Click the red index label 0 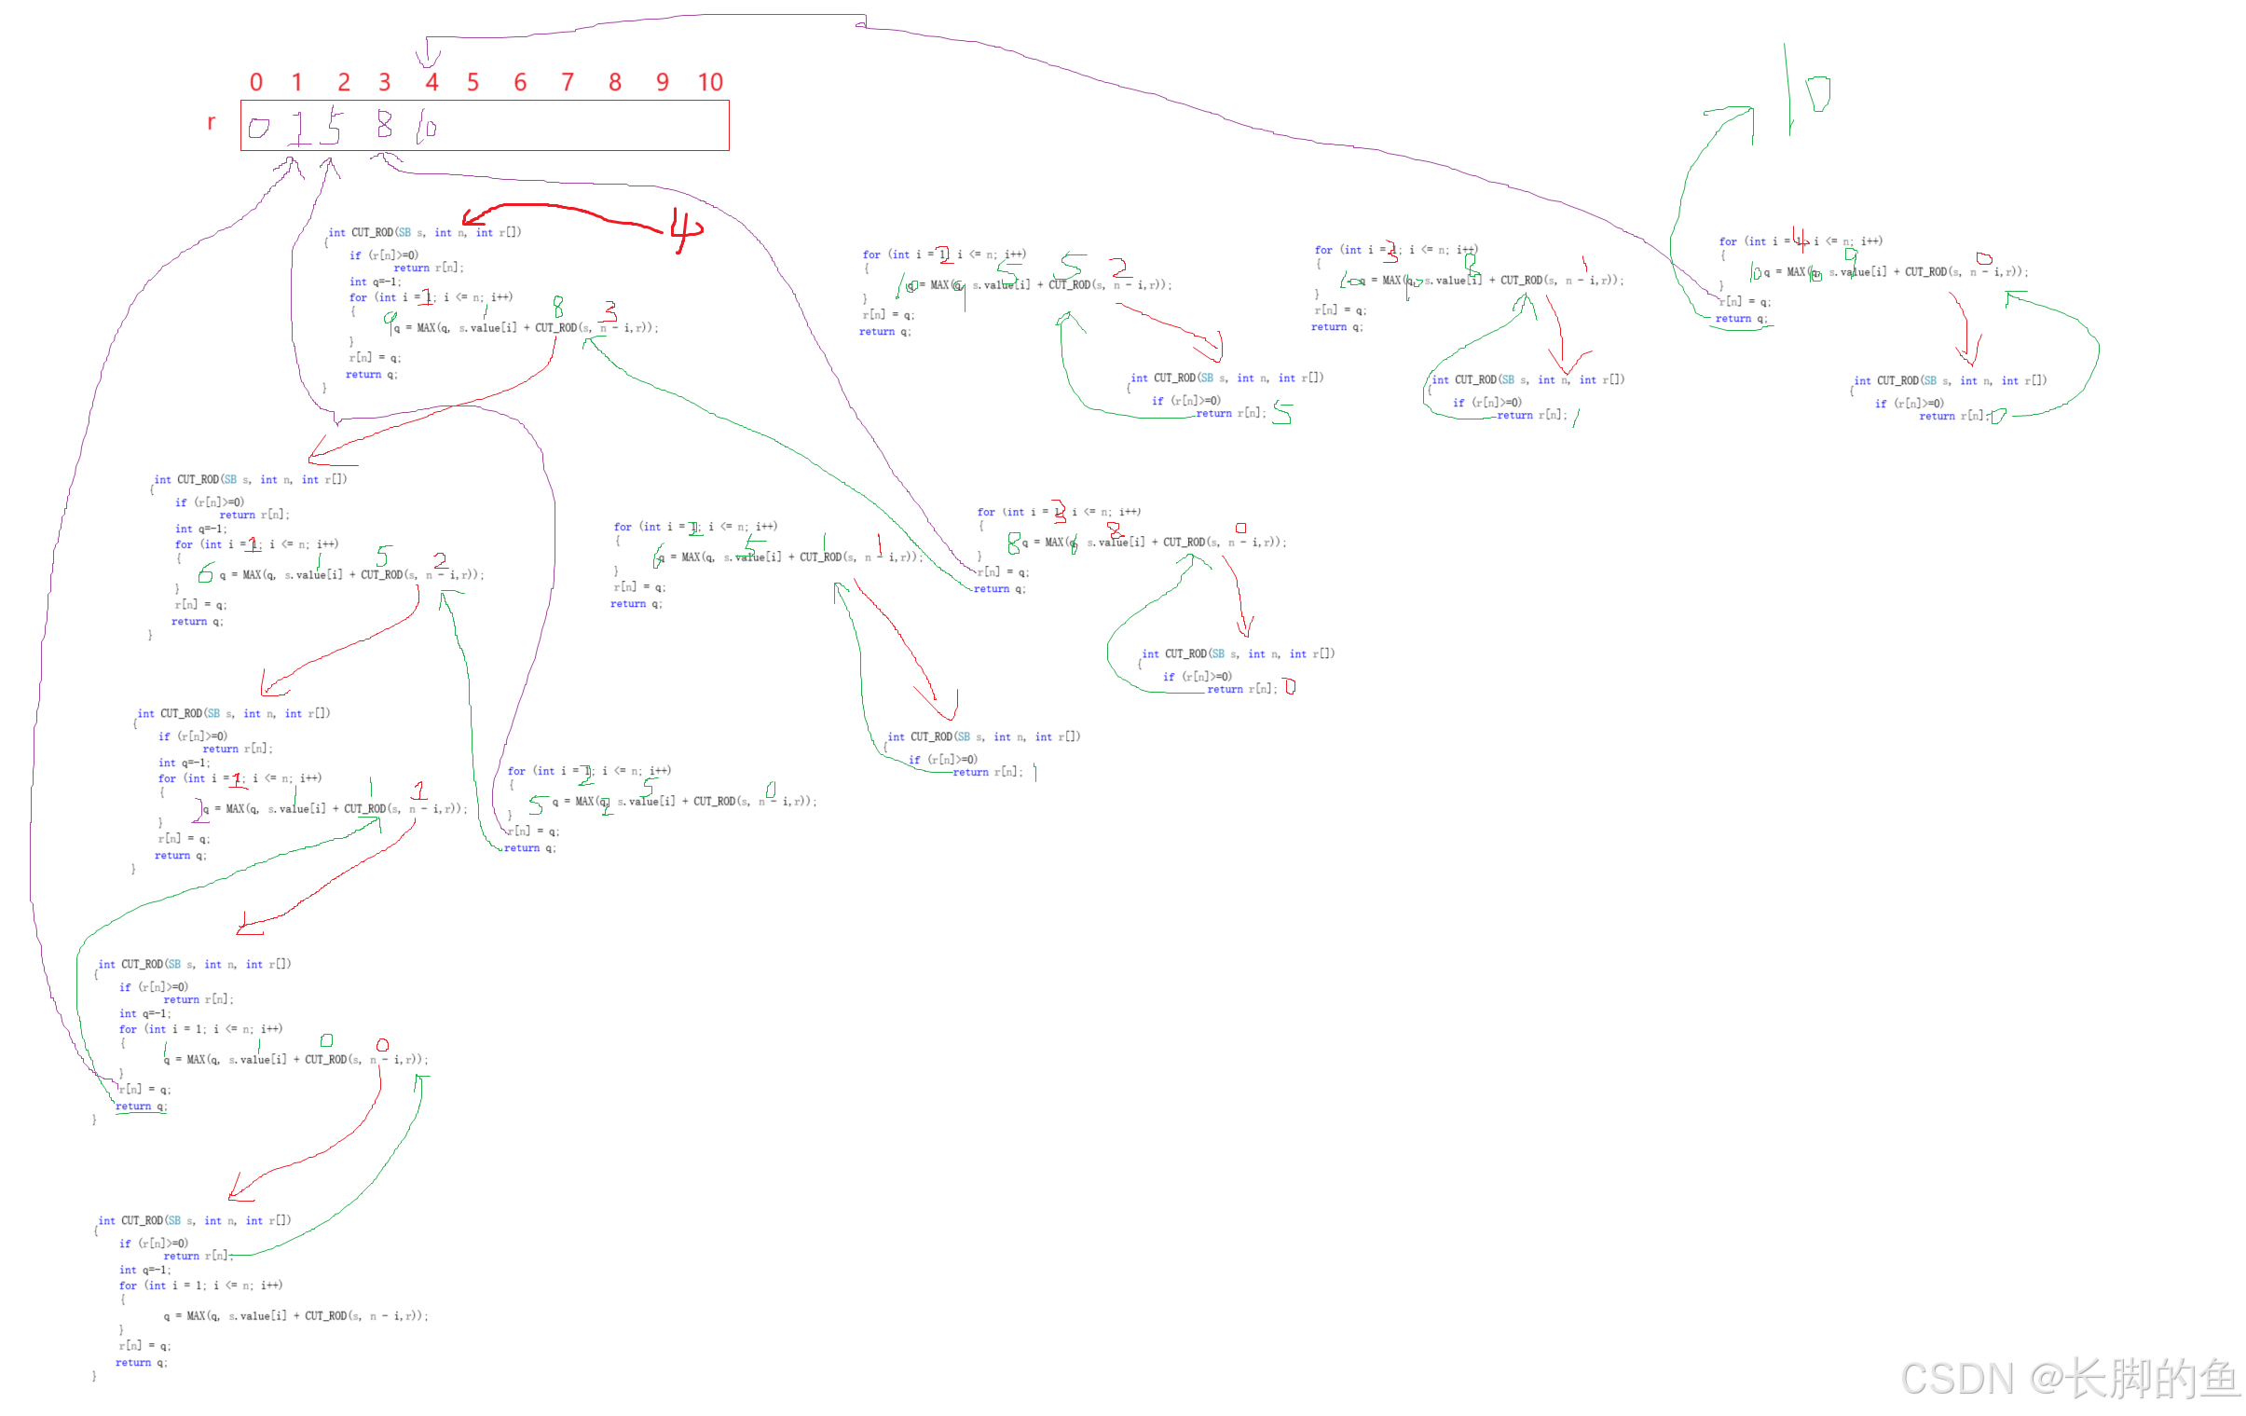256,83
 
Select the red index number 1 297,83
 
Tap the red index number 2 343,83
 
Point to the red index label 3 384,83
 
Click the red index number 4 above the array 431,83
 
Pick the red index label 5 473,83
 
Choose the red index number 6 520,83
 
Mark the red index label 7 568,83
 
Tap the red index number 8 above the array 616,83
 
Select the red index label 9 663,83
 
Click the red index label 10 711,83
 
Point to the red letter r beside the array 212,122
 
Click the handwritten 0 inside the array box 259,128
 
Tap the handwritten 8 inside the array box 383,124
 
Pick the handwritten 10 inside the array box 425,126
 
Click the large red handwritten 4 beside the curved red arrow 686,229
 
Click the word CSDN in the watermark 1955,1378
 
